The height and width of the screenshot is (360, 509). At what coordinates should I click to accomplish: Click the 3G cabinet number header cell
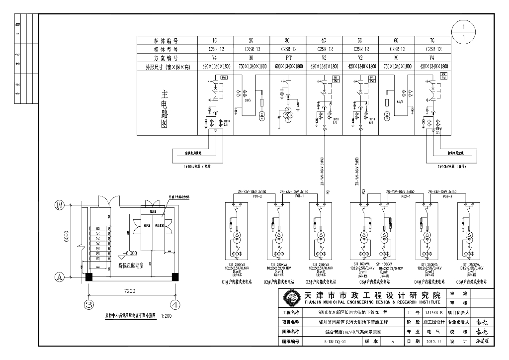pos(287,41)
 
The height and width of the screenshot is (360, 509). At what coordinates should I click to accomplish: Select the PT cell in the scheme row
pos(287,58)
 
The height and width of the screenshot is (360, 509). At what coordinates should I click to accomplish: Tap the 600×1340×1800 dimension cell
pos(287,66)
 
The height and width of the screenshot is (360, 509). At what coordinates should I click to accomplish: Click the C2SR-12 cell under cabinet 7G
pos(432,49)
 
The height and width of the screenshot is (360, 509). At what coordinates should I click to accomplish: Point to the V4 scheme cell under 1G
pos(215,58)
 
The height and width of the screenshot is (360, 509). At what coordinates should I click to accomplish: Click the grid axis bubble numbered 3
pos(89,304)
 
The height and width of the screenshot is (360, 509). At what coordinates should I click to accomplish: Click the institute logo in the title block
pos(290,298)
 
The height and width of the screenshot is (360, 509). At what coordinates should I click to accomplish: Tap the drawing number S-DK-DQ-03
pos(332,342)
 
